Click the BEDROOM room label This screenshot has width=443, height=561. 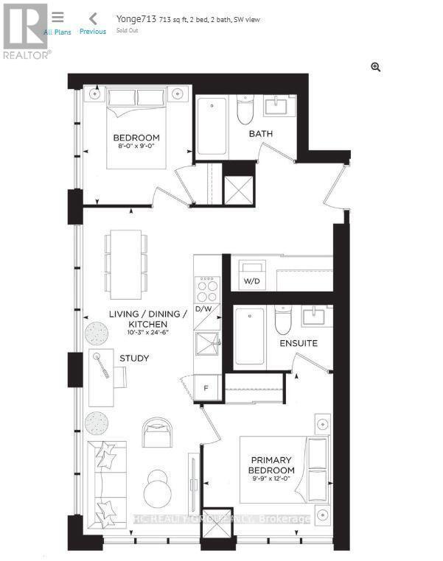click(x=136, y=138)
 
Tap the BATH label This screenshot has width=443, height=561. click(x=260, y=134)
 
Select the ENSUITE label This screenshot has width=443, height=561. click(x=299, y=343)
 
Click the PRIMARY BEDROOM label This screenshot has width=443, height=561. click(x=271, y=465)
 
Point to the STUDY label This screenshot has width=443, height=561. click(x=134, y=359)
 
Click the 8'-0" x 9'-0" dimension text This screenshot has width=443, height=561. click(x=136, y=147)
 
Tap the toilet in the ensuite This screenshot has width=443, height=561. click(x=284, y=320)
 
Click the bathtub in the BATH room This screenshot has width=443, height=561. click(x=212, y=127)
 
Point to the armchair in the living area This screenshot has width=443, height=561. click(x=156, y=431)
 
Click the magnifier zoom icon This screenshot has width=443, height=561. click(x=376, y=68)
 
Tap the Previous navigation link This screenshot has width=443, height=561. click(x=93, y=24)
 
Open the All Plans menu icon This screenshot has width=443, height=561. click(x=57, y=18)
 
